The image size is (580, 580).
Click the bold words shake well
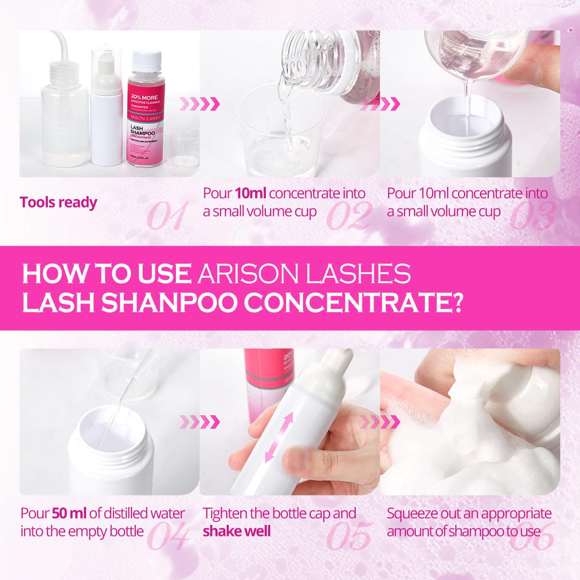pos(237,531)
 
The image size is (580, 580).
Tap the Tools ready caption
pos(58,202)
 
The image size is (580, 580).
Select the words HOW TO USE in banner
pos(106,274)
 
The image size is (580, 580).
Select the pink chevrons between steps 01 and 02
pos(200,103)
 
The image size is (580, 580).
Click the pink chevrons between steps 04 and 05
pos(200,421)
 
